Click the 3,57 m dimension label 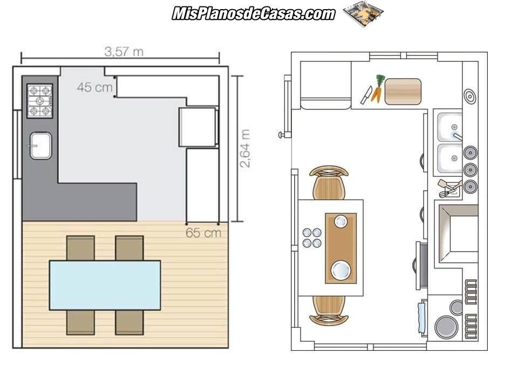click(124, 52)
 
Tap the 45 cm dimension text click(94, 87)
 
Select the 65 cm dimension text click(203, 233)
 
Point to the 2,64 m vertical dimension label click(245, 149)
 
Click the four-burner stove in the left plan click(39, 101)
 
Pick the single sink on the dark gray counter click(40, 145)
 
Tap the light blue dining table click(105, 286)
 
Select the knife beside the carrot click(366, 95)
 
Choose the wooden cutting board click(403, 92)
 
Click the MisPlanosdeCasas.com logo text click(254, 13)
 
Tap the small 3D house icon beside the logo click(363, 14)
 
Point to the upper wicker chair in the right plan click(329, 183)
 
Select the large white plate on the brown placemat click(341, 269)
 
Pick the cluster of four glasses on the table click(312, 238)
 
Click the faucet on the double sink click(458, 136)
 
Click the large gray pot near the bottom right click(446, 327)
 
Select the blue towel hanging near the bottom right click(422, 317)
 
